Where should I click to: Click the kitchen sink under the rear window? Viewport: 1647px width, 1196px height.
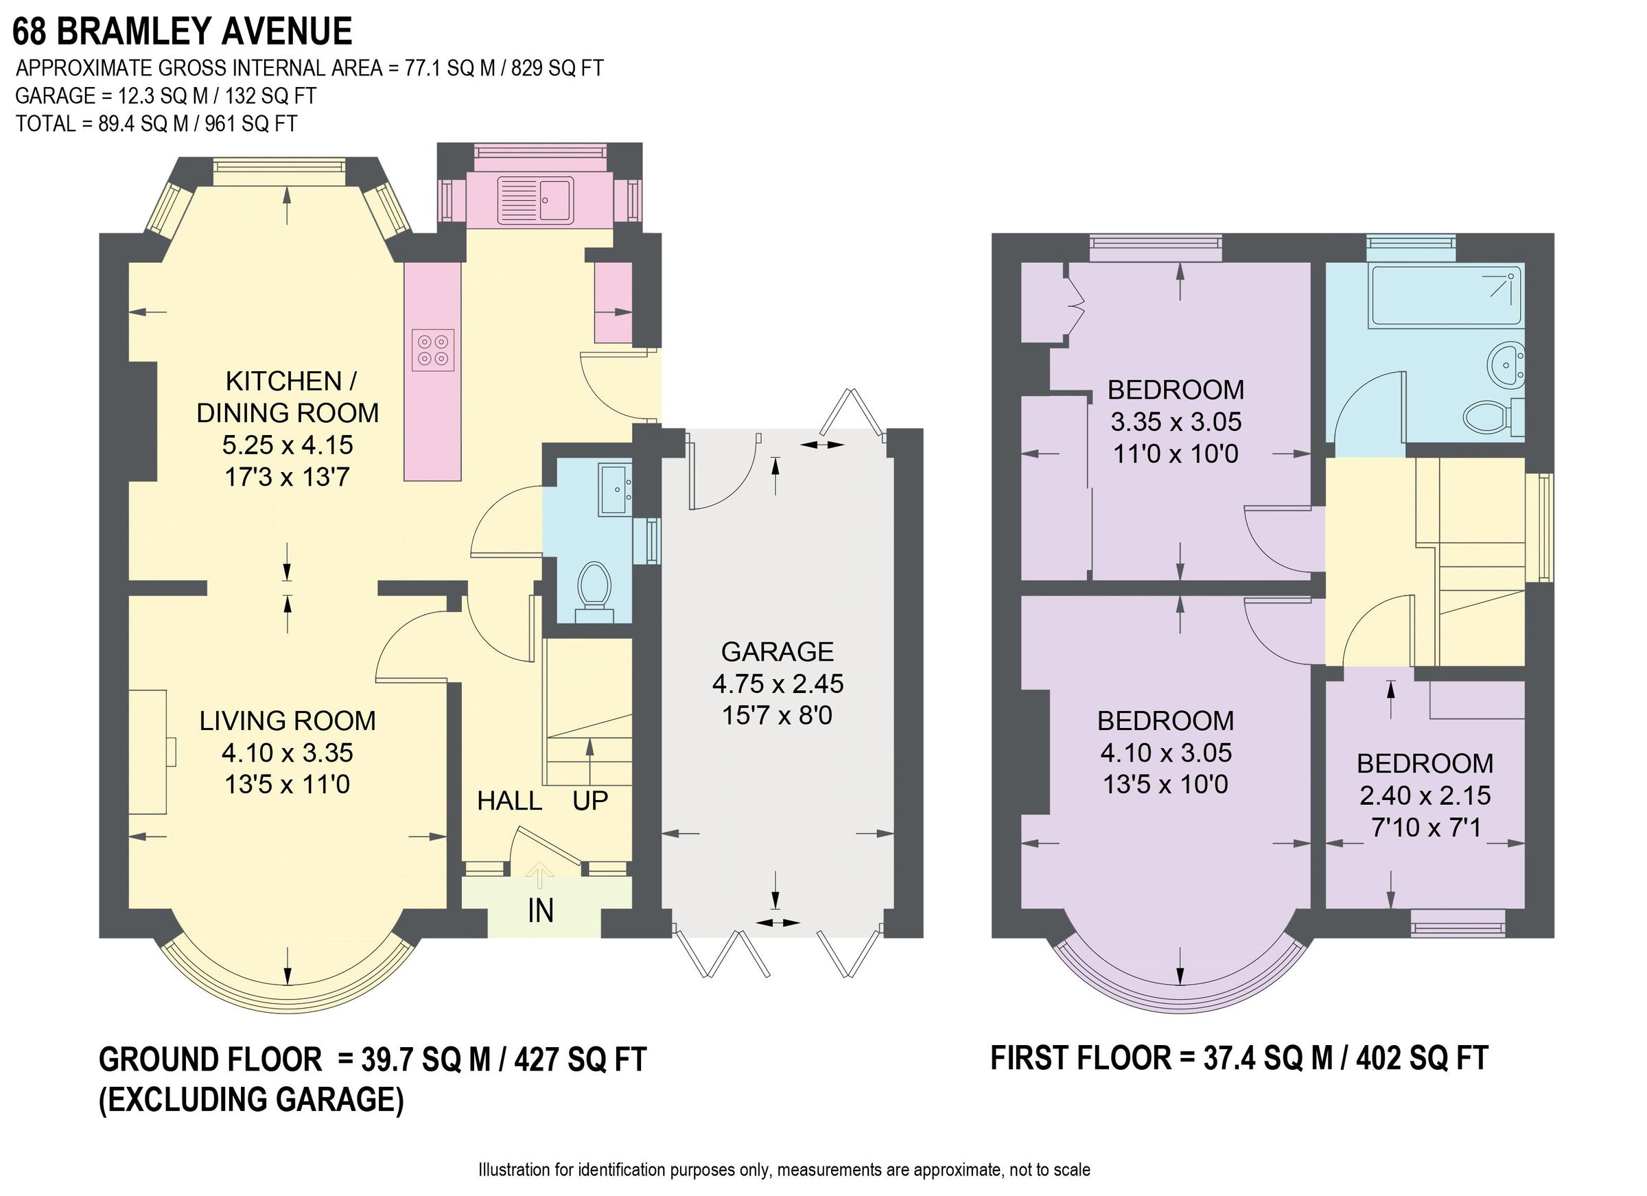[x=535, y=200]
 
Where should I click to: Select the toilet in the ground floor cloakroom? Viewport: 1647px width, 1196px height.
[x=594, y=585]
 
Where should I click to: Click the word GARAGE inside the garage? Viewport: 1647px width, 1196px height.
[x=777, y=652]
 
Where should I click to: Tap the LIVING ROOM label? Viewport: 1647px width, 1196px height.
[x=288, y=721]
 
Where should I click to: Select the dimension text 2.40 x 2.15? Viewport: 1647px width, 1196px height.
[x=1425, y=796]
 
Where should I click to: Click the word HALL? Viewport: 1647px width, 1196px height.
[x=509, y=801]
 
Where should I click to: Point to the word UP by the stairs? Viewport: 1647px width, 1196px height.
[x=589, y=801]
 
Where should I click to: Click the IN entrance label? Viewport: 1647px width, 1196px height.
[x=540, y=911]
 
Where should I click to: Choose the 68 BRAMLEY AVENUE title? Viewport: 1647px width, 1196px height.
[x=182, y=32]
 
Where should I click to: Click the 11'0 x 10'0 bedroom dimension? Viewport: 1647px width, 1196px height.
[x=1176, y=454]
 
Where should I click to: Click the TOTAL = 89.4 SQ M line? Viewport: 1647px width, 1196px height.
[x=156, y=124]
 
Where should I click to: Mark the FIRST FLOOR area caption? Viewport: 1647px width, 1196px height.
[x=1239, y=1058]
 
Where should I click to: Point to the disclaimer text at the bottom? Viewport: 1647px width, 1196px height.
[x=784, y=1170]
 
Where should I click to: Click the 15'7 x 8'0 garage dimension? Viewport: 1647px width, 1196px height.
[x=777, y=716]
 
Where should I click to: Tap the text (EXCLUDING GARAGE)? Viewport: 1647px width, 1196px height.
[x=250, y=1099]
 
